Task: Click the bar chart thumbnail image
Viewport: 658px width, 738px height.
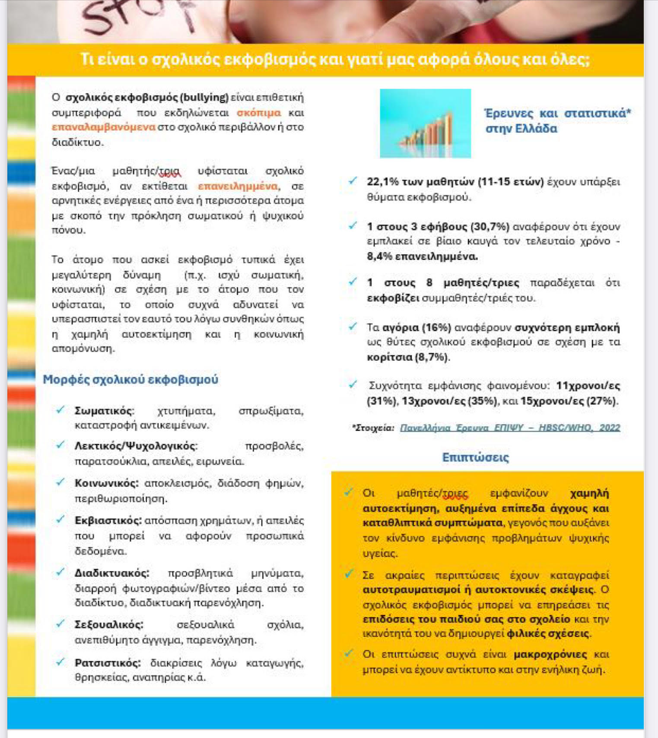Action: pos(425,124)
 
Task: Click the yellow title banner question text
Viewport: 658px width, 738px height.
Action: pos(335,60)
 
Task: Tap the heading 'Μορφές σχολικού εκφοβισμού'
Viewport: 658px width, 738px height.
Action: pos(130,380)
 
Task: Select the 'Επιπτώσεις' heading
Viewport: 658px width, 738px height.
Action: pos(475,457)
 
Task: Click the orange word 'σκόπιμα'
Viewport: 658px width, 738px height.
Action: pos(259,113)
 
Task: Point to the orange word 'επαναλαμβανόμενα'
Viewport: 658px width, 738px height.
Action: pos(103,127)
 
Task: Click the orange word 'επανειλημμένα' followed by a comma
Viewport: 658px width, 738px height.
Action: pos(238,186)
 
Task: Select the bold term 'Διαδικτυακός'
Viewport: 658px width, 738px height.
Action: pos(112,573)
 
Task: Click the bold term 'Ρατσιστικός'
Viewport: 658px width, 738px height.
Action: pos(108,663)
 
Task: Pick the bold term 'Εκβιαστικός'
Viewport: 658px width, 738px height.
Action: pos(108,521)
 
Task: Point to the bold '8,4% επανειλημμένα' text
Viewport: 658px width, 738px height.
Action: pos(422,257)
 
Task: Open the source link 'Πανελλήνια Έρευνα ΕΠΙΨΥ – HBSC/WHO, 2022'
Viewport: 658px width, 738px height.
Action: pos(510,428)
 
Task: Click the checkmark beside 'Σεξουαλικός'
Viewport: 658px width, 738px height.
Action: pos(60,624)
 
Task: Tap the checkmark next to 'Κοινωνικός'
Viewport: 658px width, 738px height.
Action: pos(60,482)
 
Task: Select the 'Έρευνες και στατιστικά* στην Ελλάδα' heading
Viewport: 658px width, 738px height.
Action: pos(557,121)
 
